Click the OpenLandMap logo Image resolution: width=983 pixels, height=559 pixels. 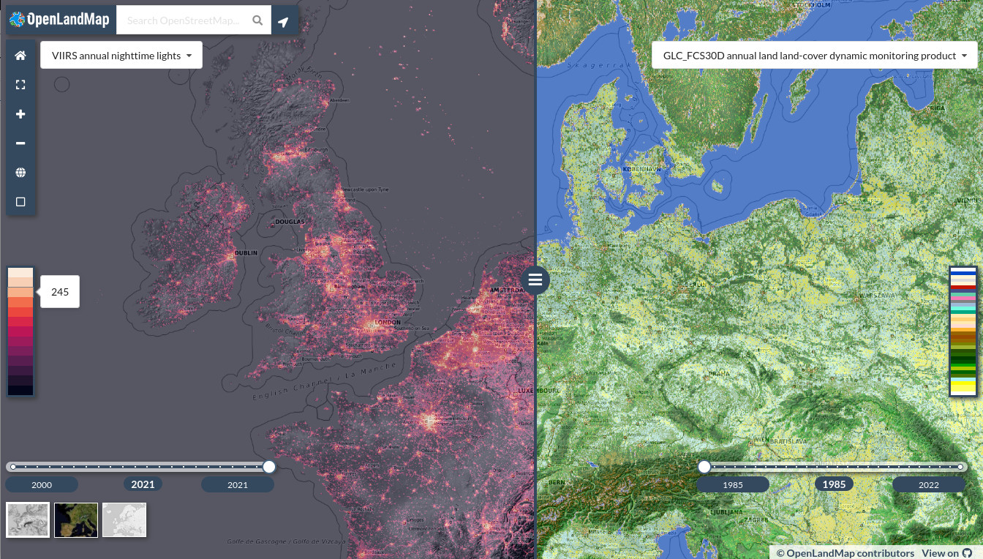pyautogui.click(x=60, y=20)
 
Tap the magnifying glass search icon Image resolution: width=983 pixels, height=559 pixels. pyautogui.click(x=257, y=20)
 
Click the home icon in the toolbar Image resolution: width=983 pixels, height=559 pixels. pyautogui.click(x=20, y=56)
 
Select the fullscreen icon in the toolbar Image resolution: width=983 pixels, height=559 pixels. pyautogui.click(x=20, y=85)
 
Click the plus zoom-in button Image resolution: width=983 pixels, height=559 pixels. pyautogui.click(x=20, y=114)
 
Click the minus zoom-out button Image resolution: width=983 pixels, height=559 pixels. pyautogui.click(x=20, y=143)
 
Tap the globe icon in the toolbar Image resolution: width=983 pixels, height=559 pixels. pyautogui.click(x=20, y=173)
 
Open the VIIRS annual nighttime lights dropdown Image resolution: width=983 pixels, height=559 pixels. pyautogui.click(x=121, y=56)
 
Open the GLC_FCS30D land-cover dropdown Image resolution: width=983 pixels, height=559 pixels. pyautogui.click(x=815, y=56)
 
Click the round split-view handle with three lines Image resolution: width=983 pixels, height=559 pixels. pyautogui.click(x=535, y=279)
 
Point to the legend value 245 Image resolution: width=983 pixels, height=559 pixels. pyautogui.click(x=60, y=292)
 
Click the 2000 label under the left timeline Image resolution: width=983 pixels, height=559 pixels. pyautogui.click(x=42, y=484)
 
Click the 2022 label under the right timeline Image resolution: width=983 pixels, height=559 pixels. pyautogui.click(x=928, y=484)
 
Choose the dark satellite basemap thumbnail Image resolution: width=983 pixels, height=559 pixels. pyautogui.click(x=76, y=519)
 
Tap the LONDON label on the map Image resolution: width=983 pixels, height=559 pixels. pyautogui.click(x=387, y=322)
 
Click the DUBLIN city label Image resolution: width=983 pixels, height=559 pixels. pyautogui.click(x=246, y=253)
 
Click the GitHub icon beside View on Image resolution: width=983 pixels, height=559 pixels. pyautogui.click(x=968, y=553)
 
